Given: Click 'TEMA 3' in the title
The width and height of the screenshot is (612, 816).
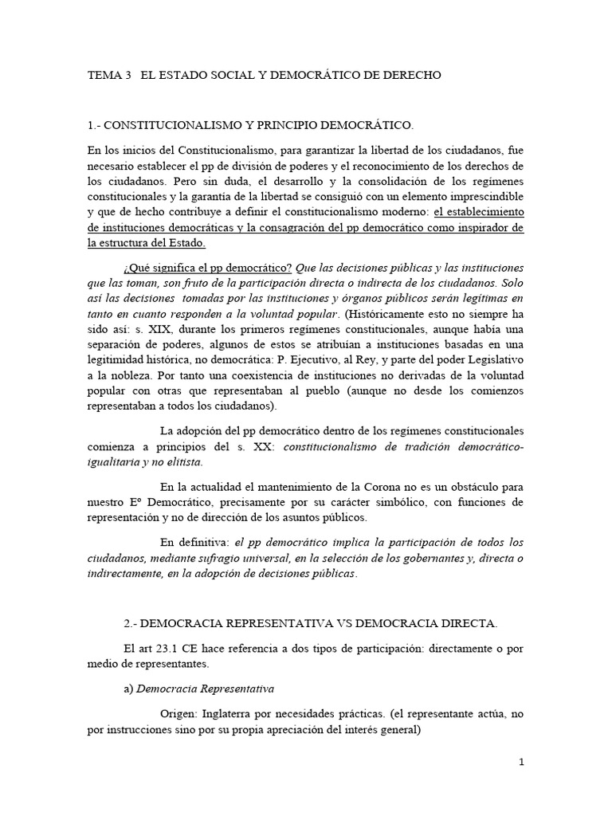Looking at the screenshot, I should click(x=109, y=75).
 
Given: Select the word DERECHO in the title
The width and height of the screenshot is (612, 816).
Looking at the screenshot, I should click(x=407, y=75).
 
